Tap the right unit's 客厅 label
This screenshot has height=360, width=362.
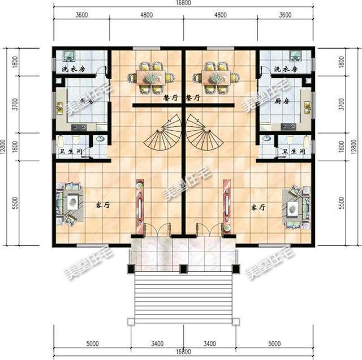[x=258, y=207]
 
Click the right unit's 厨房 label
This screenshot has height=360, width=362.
[x=282, y=102]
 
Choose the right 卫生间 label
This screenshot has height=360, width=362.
[x=294, y=152]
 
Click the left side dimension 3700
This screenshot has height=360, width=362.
[x=20, y=105]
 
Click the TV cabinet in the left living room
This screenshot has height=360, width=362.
[x=138, y=207]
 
